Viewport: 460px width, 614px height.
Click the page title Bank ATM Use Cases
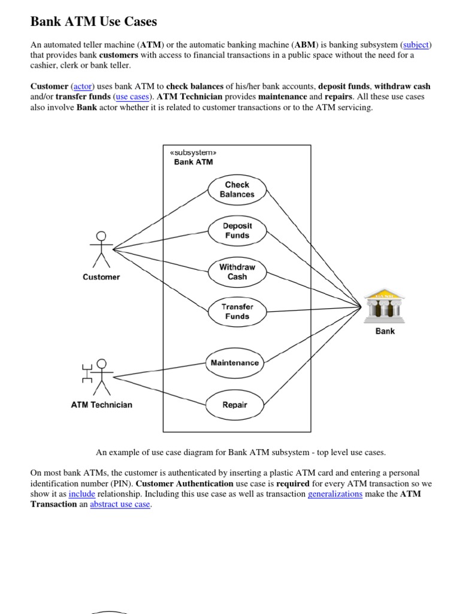[93, 22]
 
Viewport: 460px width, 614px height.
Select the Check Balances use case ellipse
[237, 189]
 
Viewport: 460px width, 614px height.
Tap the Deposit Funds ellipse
[237, 231]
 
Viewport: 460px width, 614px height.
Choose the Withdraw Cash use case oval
[237, 272]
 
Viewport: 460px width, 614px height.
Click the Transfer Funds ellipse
[237, 311]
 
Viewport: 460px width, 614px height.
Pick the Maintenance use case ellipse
[235, 363]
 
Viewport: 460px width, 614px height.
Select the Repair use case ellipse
[235, 405]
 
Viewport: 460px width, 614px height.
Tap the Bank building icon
[385, 305]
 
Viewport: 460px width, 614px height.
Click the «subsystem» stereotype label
[193, 152]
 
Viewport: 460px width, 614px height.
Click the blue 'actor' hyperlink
[83, 86]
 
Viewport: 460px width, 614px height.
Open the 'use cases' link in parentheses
[132, 97]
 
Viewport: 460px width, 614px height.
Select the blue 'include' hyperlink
[82, 494]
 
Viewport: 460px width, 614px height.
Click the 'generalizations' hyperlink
[335, 494]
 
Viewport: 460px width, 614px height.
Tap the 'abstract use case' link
[120, 504]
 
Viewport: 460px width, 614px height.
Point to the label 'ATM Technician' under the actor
[102, 405]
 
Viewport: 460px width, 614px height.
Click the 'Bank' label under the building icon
[385, 331]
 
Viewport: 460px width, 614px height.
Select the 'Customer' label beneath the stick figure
[101, 277]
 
